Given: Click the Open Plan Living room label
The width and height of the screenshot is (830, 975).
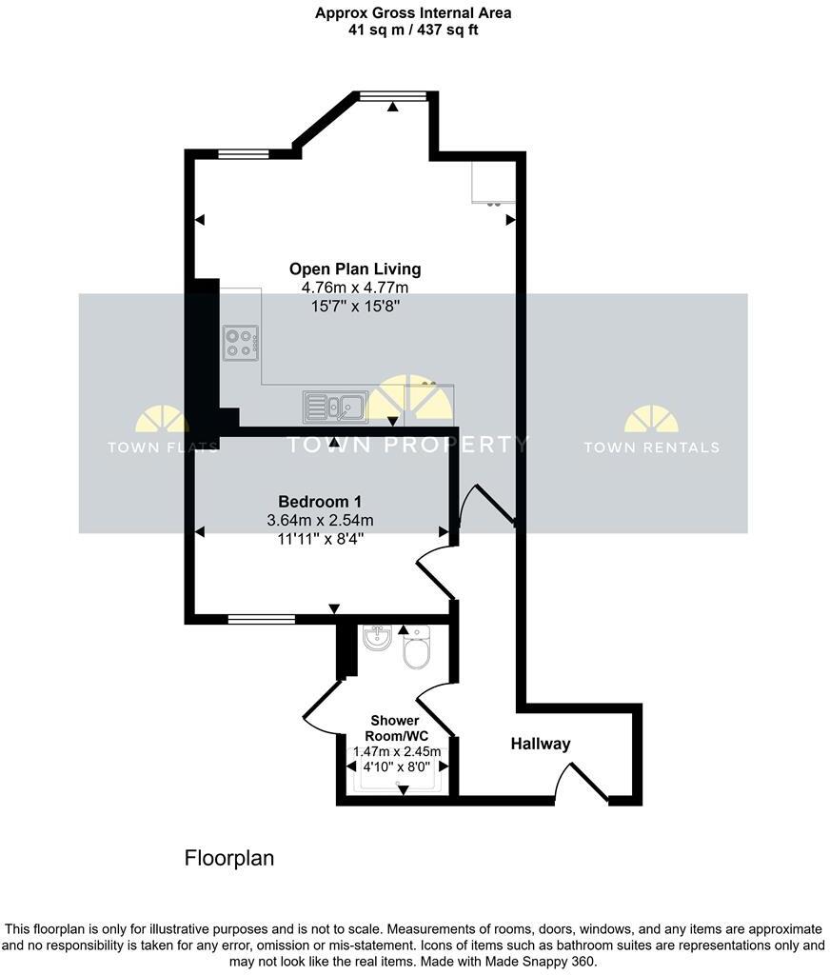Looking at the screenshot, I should [x=354, y=269].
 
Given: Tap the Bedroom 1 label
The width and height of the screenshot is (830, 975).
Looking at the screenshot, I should [x=319, y=502].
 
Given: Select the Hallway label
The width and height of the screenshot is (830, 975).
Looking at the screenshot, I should [x=540, y=744].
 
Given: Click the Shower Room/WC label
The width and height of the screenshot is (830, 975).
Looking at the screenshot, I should [x=395, y=728].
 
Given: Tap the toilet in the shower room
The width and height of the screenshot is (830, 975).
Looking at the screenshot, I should [x=417, y=650].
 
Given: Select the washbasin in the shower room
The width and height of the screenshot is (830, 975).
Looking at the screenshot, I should [x=377, y=638].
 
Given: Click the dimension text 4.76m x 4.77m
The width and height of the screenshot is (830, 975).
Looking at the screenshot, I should [x=354, y=288].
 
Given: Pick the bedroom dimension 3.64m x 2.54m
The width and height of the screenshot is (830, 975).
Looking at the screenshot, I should [x=320, y=520].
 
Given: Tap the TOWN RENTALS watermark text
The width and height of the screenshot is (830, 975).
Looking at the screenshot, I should [x=651, y=448].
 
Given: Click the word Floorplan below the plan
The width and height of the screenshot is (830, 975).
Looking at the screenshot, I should [x=228, y=858].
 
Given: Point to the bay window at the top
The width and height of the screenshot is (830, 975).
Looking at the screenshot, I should [x=393, y=95].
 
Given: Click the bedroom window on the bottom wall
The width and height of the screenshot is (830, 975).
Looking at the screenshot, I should [x=261, y=620].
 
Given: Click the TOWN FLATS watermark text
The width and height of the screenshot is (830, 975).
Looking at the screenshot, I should [x=162, y=448].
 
